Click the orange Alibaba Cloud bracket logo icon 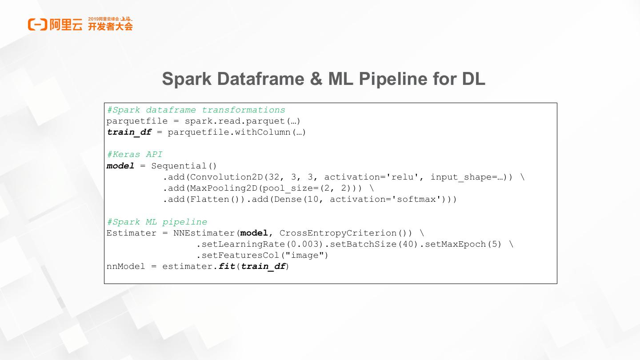[x=37, y=24]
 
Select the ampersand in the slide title [x=316, y=79]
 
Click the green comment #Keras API [x=135, y=155]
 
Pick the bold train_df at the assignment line [x=129, y=132]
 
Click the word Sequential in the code [x=179, y=166]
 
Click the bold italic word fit [x=227, y=266]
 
